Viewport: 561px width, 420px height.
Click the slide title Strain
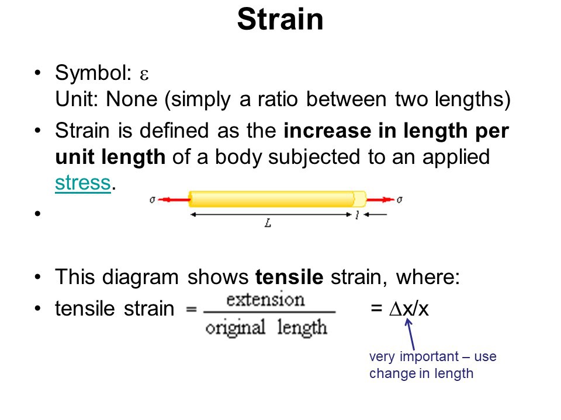tap(280, 19)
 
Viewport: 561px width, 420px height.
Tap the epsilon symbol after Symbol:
tap(144, 75)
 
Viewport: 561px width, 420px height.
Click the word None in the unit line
tap(131, 99)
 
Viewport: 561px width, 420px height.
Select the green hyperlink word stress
tap(83, 183)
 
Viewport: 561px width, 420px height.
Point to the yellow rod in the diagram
tap(277, 199)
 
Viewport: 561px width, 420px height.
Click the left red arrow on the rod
tap(174, 199)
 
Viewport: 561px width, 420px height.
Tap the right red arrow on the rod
tap(380, 199)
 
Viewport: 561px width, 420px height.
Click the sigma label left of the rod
tap(153, 199)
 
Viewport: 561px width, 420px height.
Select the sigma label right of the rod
tap(400, 199)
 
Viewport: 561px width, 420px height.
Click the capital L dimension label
tap(268, 223)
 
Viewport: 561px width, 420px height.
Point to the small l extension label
tap(356, 215)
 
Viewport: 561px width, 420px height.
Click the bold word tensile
tap(289, 277)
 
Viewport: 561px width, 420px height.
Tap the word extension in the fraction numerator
tap(265, 300)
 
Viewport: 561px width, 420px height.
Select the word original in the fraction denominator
tap(236, 328)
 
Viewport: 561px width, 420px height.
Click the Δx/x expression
tap(409, 309)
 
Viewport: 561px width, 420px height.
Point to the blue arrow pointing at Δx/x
tap(410, 334)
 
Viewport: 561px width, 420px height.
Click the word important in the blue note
tap(430, 357)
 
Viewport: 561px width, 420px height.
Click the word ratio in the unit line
tap(278, 99)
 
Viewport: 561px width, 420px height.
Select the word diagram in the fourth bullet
tap(140, 277)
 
